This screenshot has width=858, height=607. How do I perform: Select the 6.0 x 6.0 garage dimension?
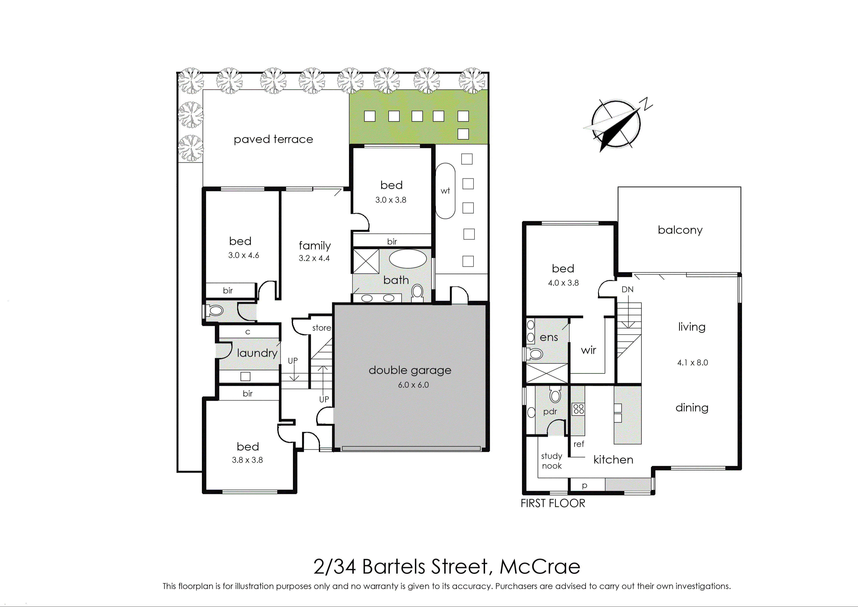[x=413, y=385]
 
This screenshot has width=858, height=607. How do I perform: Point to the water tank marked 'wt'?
[x=445, y=191]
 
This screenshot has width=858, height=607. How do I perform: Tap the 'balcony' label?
[x=680, y=230]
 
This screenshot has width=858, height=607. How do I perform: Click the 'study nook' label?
[x=552, y=461]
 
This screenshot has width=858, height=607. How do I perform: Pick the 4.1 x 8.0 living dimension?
[x=692, y=363]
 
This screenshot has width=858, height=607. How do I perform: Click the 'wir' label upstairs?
[x=589, y=350]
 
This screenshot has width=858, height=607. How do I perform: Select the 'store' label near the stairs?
[x=322, y=328]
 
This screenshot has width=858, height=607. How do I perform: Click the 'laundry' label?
[x=257, y=353]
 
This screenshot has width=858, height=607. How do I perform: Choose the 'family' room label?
[x=315, y=246]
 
